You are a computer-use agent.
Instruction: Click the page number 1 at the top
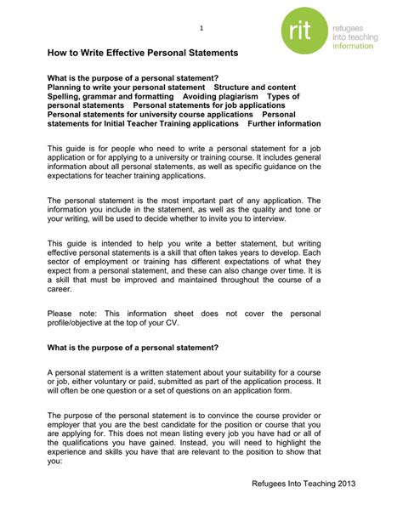201,28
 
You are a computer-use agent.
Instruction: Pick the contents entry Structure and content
255,87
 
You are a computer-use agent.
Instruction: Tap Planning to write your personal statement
126,87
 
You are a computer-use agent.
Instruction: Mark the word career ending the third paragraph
61,289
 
